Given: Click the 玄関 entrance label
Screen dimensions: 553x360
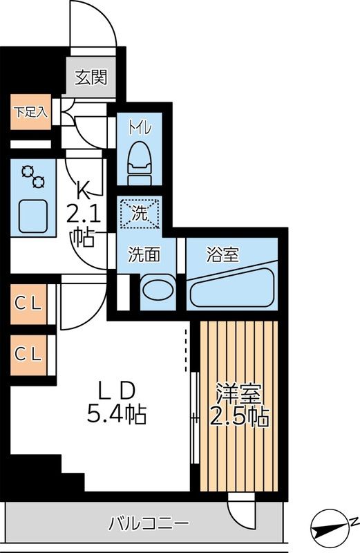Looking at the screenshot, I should [91, 77].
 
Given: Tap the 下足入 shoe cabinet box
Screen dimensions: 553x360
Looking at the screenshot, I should [30, 112].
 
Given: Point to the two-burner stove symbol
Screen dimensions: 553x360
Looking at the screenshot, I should [33, 177].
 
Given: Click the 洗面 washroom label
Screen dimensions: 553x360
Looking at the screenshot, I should [144, 254].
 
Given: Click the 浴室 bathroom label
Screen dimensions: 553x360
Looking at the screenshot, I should [222, 254].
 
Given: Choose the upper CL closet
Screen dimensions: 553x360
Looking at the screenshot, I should [29, 303].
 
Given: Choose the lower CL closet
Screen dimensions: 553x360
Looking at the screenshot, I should [29, 354].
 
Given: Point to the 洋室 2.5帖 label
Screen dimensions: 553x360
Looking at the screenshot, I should [239, 406].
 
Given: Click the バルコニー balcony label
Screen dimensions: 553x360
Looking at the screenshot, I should [148, 524].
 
